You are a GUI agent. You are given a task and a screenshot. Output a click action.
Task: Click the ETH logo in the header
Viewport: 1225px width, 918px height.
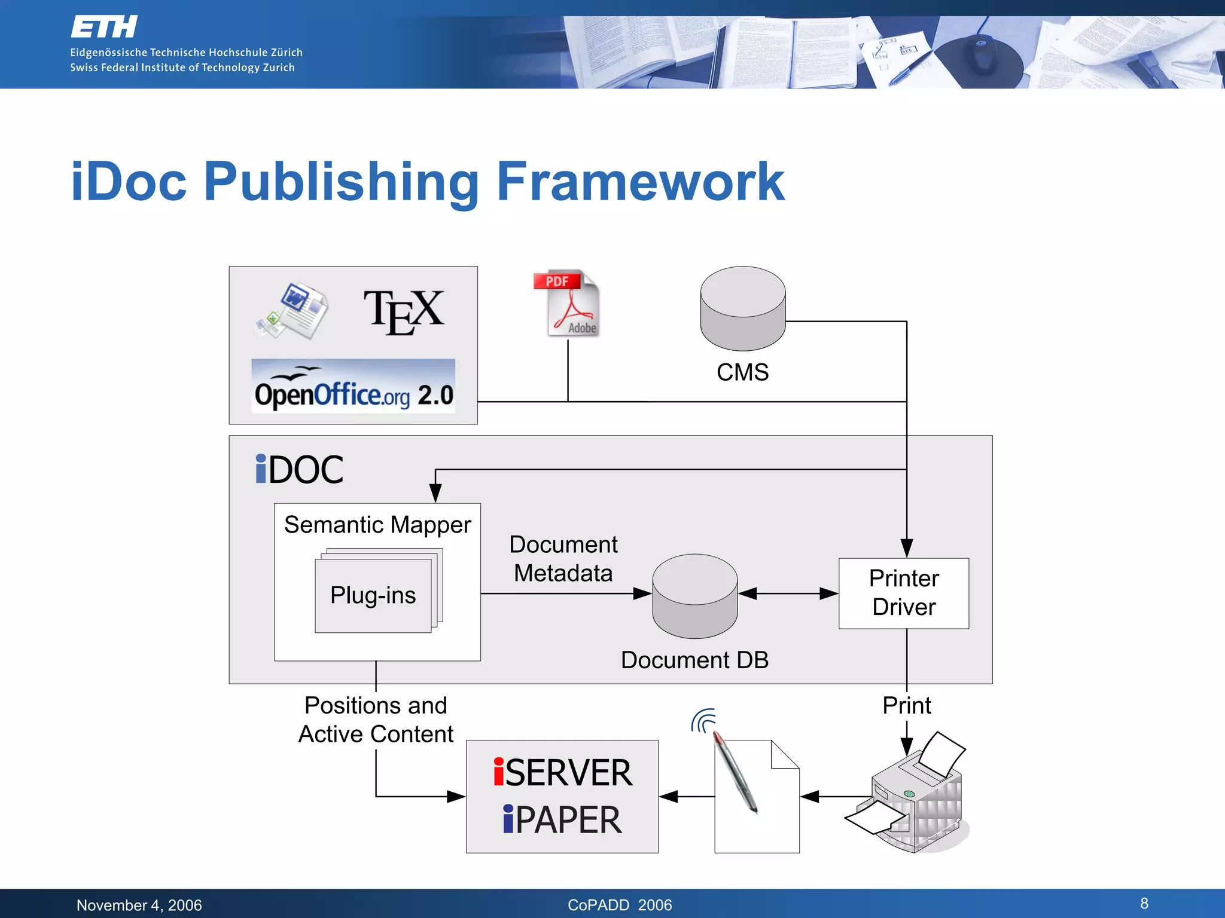coord(104,27)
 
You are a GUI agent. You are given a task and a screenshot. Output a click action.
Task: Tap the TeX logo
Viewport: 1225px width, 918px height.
coord(404,312)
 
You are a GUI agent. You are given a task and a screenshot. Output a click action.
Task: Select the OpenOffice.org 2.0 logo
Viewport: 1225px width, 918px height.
coord(354,387)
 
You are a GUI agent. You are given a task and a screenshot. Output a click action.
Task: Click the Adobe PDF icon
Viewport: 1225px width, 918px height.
coord(567,304)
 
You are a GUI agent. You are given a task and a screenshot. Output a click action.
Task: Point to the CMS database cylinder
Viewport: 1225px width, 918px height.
coord(743,308)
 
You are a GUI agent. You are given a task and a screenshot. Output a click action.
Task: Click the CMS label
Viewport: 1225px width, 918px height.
coord(742,372)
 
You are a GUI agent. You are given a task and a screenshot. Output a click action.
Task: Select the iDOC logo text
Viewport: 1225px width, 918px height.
coord(299,469)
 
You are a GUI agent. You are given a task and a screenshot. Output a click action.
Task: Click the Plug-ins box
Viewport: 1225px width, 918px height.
coord(373,595)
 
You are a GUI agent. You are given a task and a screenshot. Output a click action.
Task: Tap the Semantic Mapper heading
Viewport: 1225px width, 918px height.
coord(377,525)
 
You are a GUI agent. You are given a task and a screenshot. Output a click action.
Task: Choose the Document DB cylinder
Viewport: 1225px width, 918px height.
coord(694,596)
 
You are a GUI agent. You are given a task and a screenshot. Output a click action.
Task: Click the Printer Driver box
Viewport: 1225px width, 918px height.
coord(903,593)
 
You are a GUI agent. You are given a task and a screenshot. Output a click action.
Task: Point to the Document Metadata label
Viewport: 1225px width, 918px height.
coord(563,559)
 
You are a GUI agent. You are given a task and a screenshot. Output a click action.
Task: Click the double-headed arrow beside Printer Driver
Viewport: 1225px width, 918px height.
coord(788,593)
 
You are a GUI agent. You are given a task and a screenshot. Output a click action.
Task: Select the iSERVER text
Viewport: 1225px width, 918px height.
coord(562,772)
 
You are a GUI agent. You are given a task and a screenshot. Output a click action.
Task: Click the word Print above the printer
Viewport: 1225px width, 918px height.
coord(906,706)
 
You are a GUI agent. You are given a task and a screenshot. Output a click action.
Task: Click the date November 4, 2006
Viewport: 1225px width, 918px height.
coord(139,905)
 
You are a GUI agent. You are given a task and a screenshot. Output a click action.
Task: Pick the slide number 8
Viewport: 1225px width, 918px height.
coord(1144,903)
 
